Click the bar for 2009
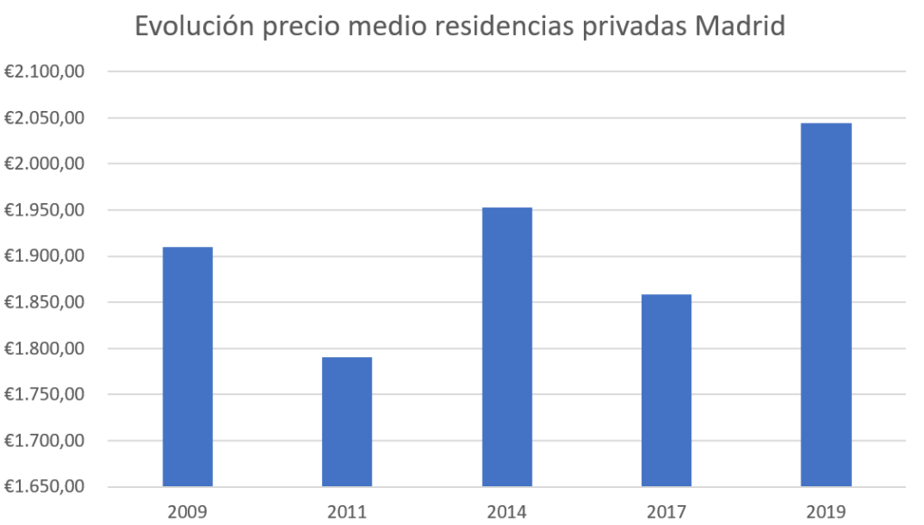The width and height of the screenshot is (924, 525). coord(188,366)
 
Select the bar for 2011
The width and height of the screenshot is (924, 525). coord(347,421)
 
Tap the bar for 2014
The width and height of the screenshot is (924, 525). coord(507,346)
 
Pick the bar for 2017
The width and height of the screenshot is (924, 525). coord(666,390)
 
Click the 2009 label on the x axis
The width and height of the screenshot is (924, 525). coord(188,511)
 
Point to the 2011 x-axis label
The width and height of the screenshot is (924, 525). coord(347,511)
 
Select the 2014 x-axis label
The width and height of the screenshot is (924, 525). coord(507,511)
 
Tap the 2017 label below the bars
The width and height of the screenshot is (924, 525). coord(666,511)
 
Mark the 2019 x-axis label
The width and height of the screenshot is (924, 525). coord(826,511)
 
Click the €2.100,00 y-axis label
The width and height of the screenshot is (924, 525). coord(44,72)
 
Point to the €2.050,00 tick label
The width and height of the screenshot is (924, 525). coord(44,118)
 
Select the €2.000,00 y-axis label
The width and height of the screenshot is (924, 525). coord(44,164)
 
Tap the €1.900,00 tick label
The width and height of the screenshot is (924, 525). coord(44,256)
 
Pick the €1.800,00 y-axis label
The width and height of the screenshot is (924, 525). coord(44,349)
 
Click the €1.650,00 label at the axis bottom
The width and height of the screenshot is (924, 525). coord(44,487)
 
